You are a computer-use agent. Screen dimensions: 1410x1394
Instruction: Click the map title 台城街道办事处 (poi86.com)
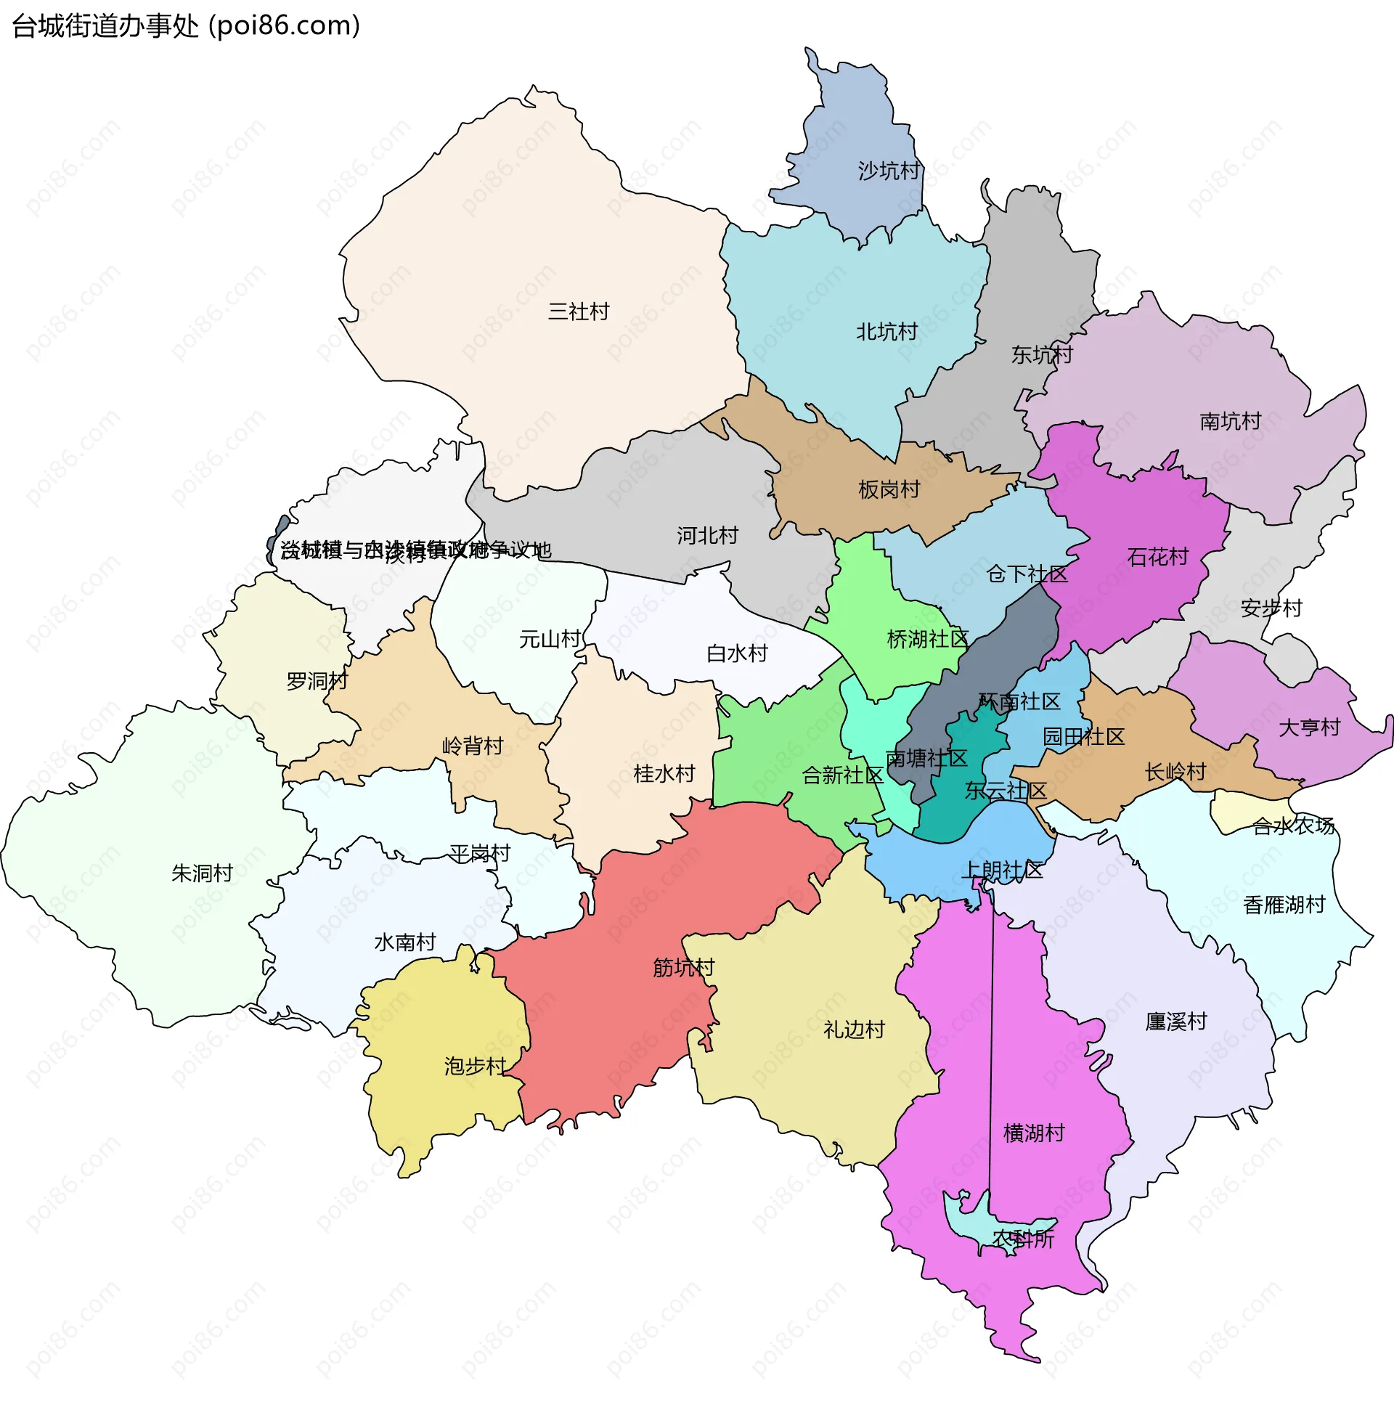(186, 26)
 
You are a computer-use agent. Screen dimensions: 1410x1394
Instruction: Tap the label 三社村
(579, 311)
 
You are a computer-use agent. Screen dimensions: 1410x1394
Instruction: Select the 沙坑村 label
(888, 171)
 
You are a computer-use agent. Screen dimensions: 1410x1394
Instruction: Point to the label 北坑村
(886, 332)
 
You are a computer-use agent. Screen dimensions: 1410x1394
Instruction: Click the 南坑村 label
(1230, 421)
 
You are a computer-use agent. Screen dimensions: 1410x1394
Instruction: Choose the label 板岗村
(889, 489)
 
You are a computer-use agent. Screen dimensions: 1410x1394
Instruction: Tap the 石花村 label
(1157, 558)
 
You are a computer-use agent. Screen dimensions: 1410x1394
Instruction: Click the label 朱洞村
(202, 873)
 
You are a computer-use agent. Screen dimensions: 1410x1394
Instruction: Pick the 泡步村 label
(475, 1067)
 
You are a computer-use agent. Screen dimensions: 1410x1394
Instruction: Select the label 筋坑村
(683, 968)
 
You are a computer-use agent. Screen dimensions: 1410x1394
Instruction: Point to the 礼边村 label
(854, 1030)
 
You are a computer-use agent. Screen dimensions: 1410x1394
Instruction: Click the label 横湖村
(1033, 1133)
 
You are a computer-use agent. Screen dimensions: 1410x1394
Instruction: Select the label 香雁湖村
(1284, 905)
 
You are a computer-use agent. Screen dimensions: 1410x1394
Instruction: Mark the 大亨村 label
(1309, 728)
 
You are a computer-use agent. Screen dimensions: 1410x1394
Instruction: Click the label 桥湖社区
(927, 640)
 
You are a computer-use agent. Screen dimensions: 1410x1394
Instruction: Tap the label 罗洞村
(317, 681)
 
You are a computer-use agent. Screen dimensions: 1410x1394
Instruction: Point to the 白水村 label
(737, 653)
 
